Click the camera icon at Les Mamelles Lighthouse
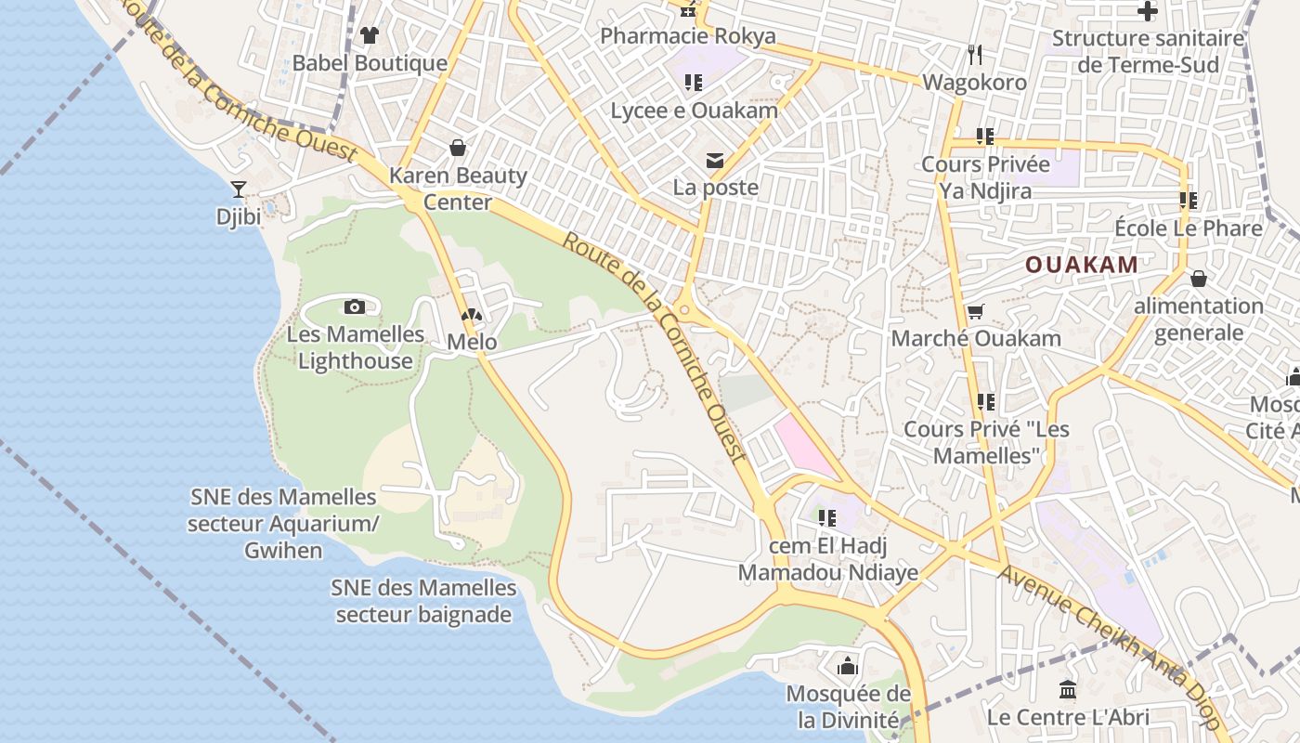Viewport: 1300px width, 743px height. pos(354,306)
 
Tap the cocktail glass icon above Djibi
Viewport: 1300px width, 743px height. pos(239,189)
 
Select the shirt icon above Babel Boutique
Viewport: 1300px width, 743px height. pos(370,35)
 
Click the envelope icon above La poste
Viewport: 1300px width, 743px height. pos(715,161)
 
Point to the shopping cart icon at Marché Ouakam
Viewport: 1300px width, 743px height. pos(975,312)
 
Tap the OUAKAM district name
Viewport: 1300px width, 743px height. pos(1082,265)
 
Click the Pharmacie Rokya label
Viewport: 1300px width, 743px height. pos(688,36)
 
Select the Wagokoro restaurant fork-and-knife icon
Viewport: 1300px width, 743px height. pos(974,55)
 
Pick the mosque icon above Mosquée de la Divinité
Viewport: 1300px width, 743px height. pos(847,666)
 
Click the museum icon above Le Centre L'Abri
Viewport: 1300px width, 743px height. pos(1068,690)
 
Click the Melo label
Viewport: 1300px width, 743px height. pos(472,342)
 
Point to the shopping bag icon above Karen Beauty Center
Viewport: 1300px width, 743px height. pos(458,148)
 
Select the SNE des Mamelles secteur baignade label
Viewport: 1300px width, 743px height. pos(423,601)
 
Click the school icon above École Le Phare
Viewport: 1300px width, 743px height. pos(1189,200)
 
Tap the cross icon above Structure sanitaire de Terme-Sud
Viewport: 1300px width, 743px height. pos(1148,12)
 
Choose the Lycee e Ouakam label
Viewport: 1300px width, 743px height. pos(694,111)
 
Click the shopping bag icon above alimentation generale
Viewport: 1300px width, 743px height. pos(1199,279)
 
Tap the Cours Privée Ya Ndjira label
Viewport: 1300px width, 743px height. pos(985,178)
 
